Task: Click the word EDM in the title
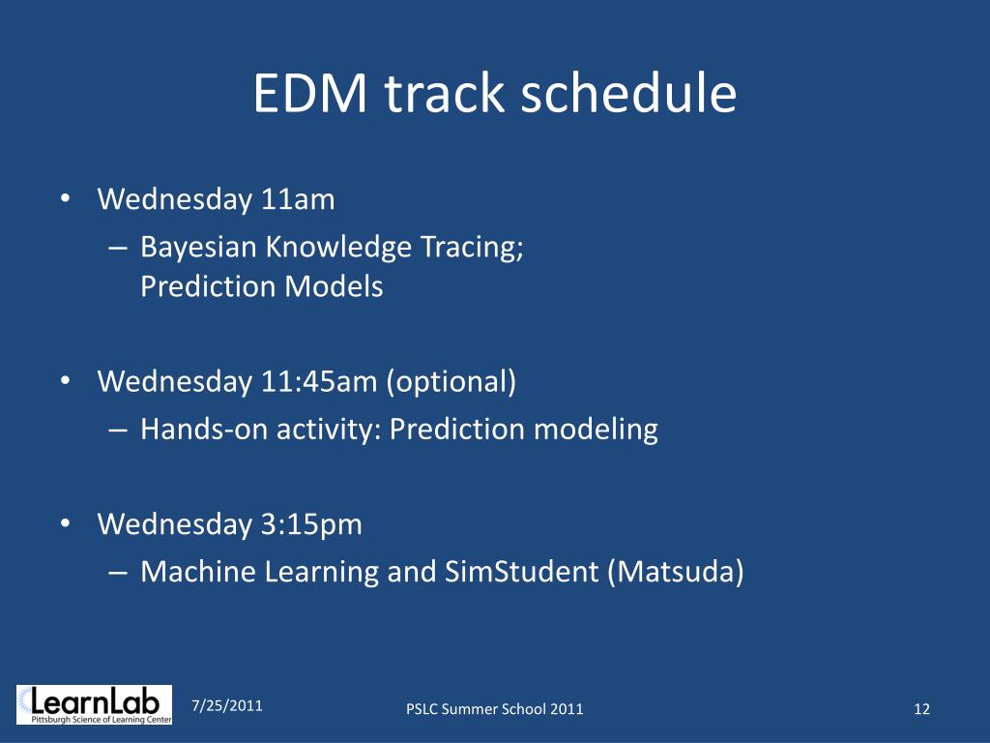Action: (x=310, y=94)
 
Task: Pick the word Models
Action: (x=334, y=286)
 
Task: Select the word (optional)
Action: (x=451, y=382)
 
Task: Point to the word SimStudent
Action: (x=521, y=572)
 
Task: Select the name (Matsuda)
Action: (x=676, y=573)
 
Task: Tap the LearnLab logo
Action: (x=94, y=704)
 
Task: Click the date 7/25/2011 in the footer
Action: (x=227, y=705)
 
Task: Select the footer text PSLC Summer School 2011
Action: (x=494, y=709)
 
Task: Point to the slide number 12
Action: (x=921, y=709)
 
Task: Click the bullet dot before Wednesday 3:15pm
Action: (x=66, y=523)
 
